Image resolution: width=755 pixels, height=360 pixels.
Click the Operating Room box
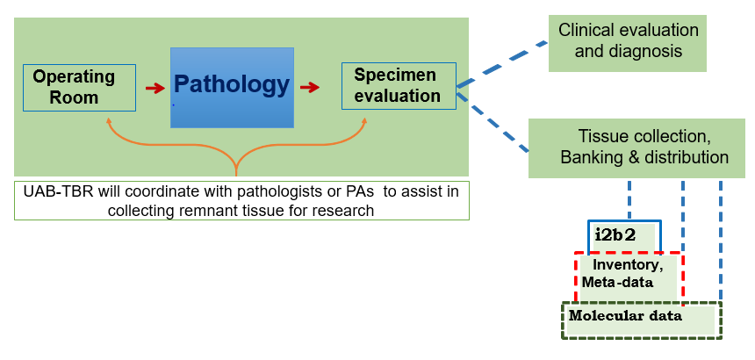coord(80,87)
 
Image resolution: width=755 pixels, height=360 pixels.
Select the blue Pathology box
coord(232,87)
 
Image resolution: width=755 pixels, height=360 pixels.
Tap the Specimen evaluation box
coord(399,85)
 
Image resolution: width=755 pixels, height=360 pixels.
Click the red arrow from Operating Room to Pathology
coord(155,88)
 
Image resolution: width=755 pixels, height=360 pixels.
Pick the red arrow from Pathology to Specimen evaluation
coord(310,88)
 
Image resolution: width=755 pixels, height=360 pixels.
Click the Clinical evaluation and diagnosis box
coord(629,40)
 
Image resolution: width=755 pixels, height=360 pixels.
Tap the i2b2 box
coord(623,235)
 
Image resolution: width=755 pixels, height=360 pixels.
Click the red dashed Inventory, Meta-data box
coord(629,272)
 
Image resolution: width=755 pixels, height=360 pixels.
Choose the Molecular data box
coord(641,320)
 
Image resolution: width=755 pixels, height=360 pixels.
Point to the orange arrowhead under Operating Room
coord(109,123)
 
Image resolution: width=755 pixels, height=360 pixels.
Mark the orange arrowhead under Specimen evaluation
coord(363,123)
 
